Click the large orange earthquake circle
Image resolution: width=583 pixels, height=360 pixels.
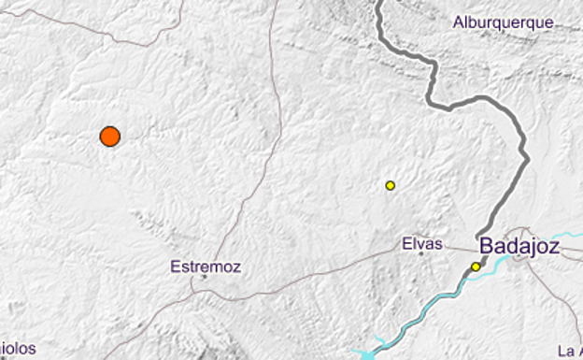pyautogui.click(x=110, y=137)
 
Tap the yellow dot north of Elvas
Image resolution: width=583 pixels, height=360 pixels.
pyautogui.click(x=391, y=185)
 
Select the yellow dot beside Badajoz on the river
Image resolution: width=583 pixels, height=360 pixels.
pyautogui.click(x=476, y=266)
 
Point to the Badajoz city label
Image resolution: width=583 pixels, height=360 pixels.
pyautogui.click(x=519, y=247)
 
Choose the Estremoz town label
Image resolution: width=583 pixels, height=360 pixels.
pyautogui.click(x=206, y=266)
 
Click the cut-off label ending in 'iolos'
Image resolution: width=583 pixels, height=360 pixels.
pyautogui.click(x=18, y=349)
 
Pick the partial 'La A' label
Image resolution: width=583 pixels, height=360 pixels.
pyautogui.click(x=568, y=351)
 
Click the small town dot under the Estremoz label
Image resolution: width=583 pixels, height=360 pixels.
pyautogui.click(x=204, y=277)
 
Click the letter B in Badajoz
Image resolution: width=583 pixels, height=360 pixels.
pyautogui.click(x=486, y=247)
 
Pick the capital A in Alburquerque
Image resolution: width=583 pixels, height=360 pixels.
pyautogui.click(x=458, y=22)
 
